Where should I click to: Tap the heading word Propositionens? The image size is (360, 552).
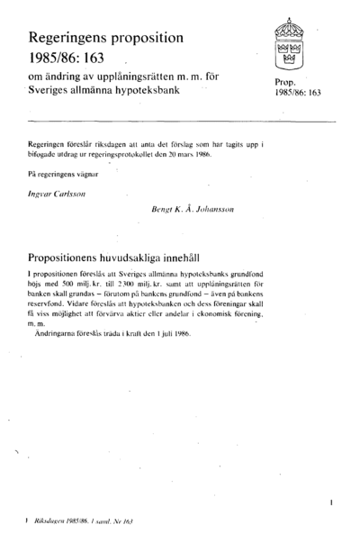click(78, 256)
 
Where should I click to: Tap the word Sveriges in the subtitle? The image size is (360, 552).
click(53, 91)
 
